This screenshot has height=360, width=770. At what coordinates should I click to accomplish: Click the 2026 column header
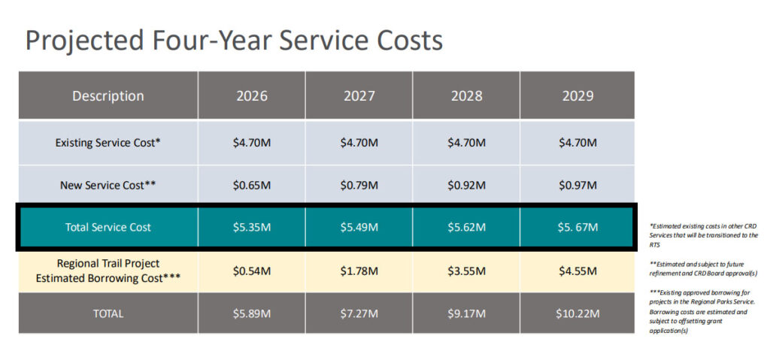(251, 95)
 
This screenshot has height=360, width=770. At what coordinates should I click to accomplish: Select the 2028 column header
(466, 95)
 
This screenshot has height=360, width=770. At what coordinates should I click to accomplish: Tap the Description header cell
(108, 95)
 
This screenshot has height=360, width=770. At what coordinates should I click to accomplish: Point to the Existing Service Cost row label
(108, 142)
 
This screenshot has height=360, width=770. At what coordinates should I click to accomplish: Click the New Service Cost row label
(108, 184)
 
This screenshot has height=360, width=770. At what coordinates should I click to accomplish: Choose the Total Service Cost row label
(108, 227)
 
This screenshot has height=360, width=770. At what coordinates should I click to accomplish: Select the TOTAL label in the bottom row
(108, 313)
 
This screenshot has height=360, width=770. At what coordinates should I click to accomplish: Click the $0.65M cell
(251, 184)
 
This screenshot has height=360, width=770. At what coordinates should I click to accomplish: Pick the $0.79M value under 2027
(359, 184)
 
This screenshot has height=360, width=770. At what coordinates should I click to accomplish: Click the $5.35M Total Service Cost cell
(251, 227)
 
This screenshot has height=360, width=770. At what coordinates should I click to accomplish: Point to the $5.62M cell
(466, 227)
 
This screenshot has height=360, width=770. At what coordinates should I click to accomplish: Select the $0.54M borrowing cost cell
(251, 271)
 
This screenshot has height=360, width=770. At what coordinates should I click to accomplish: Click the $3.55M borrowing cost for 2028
(466, 271)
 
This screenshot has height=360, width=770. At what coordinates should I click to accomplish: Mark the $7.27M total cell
(359, 313)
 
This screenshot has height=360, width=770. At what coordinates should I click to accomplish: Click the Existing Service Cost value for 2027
(359, 142)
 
